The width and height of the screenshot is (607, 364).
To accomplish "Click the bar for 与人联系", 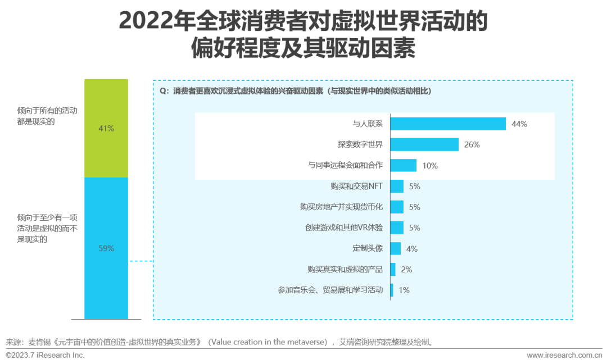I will (448, 124).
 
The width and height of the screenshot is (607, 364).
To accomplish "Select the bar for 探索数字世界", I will (424, 144).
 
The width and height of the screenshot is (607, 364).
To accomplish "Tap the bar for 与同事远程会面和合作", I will (403, 165).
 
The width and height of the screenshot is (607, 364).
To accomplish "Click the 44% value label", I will (519, 124).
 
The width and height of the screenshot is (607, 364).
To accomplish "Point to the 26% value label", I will (472, 145).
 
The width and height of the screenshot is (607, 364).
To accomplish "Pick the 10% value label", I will (429, 166).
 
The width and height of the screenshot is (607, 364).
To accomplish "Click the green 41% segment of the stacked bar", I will (106, 128).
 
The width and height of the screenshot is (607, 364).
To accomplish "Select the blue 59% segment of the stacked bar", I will (106, 248).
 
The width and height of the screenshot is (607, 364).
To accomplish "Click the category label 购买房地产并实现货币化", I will (341, 207).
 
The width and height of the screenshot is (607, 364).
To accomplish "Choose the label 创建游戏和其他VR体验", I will (344, 228).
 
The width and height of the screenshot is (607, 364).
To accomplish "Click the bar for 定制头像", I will (396, 248).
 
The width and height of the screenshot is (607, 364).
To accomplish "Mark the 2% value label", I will (406, 270).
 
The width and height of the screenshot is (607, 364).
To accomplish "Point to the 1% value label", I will (404, 290).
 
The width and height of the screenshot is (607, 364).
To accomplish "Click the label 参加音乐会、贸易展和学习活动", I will (330, 290).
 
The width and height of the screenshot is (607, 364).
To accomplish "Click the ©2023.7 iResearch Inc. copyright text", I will (45, 355).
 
